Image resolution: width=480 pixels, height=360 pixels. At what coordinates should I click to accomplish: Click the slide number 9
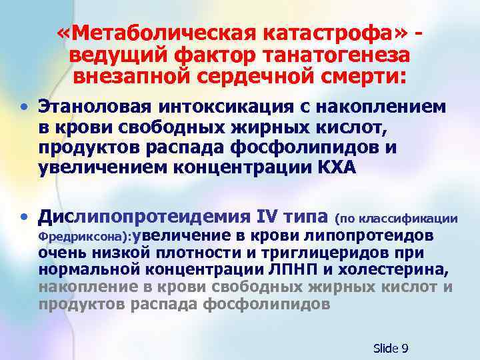click(405, 348)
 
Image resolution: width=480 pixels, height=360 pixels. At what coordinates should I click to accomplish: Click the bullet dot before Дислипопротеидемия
click(24, 216)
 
